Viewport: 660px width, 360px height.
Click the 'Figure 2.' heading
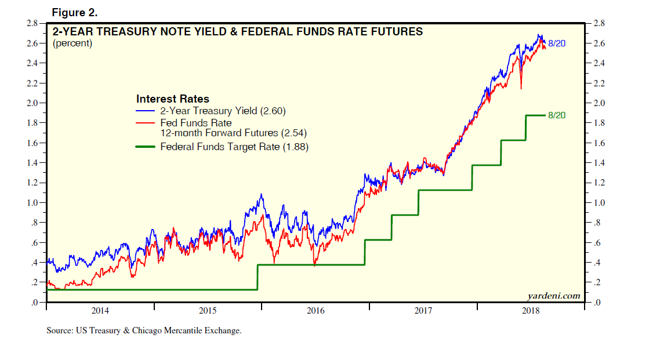(x=74, y=12)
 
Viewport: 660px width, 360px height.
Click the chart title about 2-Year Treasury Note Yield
(x=238, y=32)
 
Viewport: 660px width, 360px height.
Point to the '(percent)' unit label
(x=72, y=43)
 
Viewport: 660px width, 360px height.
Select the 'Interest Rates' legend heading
(x=172, y=99)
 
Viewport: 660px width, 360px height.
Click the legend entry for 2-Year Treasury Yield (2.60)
(x=223, y=111)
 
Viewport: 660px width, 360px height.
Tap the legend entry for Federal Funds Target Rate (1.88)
(x=234, y=147)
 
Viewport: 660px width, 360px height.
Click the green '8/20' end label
(x=556, y=115)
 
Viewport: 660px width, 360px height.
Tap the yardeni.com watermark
(x=553, y=296)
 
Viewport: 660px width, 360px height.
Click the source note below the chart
(x=144, y=331)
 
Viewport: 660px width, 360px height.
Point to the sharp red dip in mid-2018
(x=521, y=88)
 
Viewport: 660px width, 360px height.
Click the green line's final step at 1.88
(x=535, y=115)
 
